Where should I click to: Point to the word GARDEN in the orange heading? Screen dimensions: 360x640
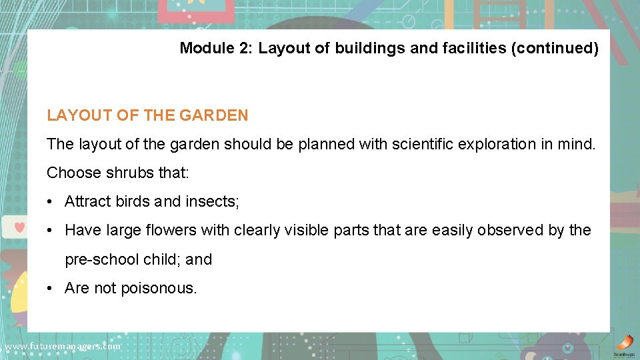click(216, 115)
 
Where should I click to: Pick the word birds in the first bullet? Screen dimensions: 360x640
click(133, 201)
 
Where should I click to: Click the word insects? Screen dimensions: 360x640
click(212, 201)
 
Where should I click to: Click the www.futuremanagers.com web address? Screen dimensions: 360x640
click(63, 347)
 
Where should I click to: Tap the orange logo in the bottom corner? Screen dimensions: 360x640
click(623, 342)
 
